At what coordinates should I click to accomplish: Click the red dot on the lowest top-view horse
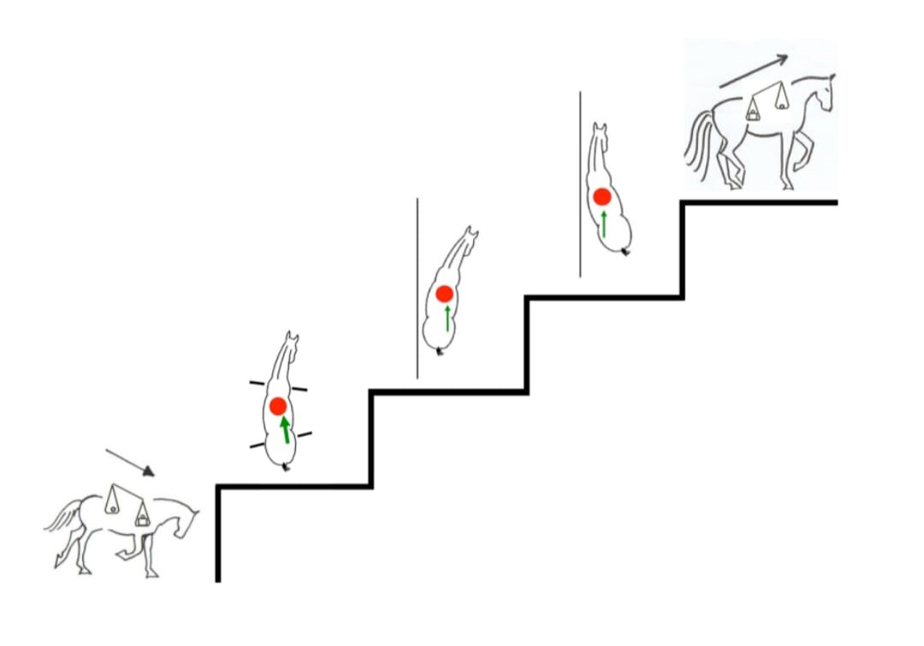pyautogui.click(x=277, y=406)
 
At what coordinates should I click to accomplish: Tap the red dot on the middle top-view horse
pyautogui.click(x=444, y=293)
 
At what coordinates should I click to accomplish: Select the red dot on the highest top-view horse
pyautogui.click(x=602, y=197)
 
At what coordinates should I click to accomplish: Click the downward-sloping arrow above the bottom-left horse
pyautogui.click(x=130, y=461)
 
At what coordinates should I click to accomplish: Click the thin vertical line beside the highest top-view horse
pyautogui.click(x=580, y=184)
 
